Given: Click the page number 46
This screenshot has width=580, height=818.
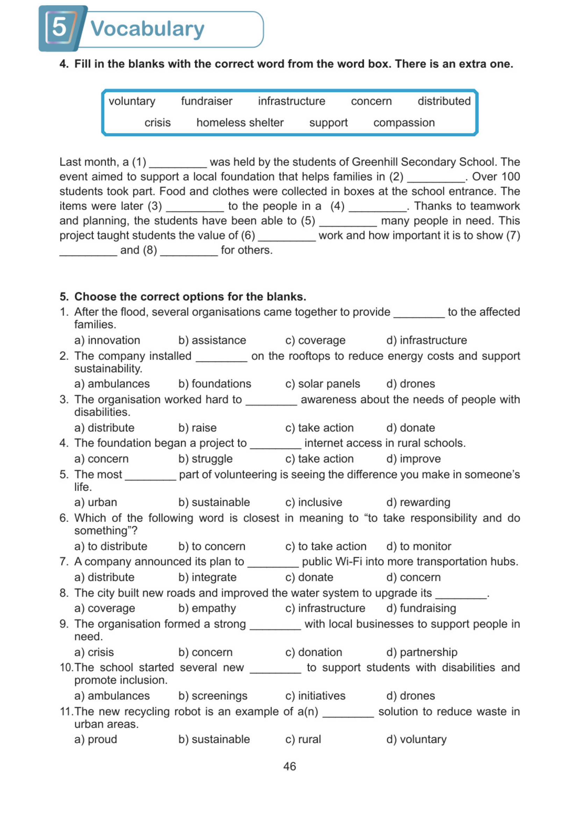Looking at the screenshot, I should click(x=289, y=766).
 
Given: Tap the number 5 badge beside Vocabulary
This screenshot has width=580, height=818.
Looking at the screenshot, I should click(x=60, y=28).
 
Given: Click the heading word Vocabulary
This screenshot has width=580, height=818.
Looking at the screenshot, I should click(x=147, y=29).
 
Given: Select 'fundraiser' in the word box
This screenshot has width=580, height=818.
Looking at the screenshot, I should click(x=206, y=101).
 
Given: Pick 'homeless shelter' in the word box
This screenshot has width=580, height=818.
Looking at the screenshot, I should click(x=239, y=123).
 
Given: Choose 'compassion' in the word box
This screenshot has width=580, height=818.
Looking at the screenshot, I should click(x=404, y=123).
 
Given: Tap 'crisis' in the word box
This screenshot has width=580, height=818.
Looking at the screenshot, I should click(x=158, y=123).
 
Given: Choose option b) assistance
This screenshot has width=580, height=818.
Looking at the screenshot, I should click(x=212, y=340).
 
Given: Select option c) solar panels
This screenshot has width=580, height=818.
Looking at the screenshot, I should click(x=322, y=384).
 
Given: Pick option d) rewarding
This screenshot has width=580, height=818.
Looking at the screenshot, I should click(x=418, y=502).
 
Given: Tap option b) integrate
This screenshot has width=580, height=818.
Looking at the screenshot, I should click(x=208, y=577).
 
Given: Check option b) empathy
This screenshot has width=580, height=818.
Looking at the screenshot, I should click(x=207, y=608).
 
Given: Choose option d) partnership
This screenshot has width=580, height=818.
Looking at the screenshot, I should click(x=422, y=652).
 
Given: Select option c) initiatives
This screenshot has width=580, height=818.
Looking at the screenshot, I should click(x=315, y=696).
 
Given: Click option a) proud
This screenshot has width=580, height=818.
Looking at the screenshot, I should click(x=96, y=739).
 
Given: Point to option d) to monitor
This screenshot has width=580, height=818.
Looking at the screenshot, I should click(x=418, y=546).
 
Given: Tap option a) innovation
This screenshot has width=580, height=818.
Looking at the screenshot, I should click(x=107, y=340).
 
